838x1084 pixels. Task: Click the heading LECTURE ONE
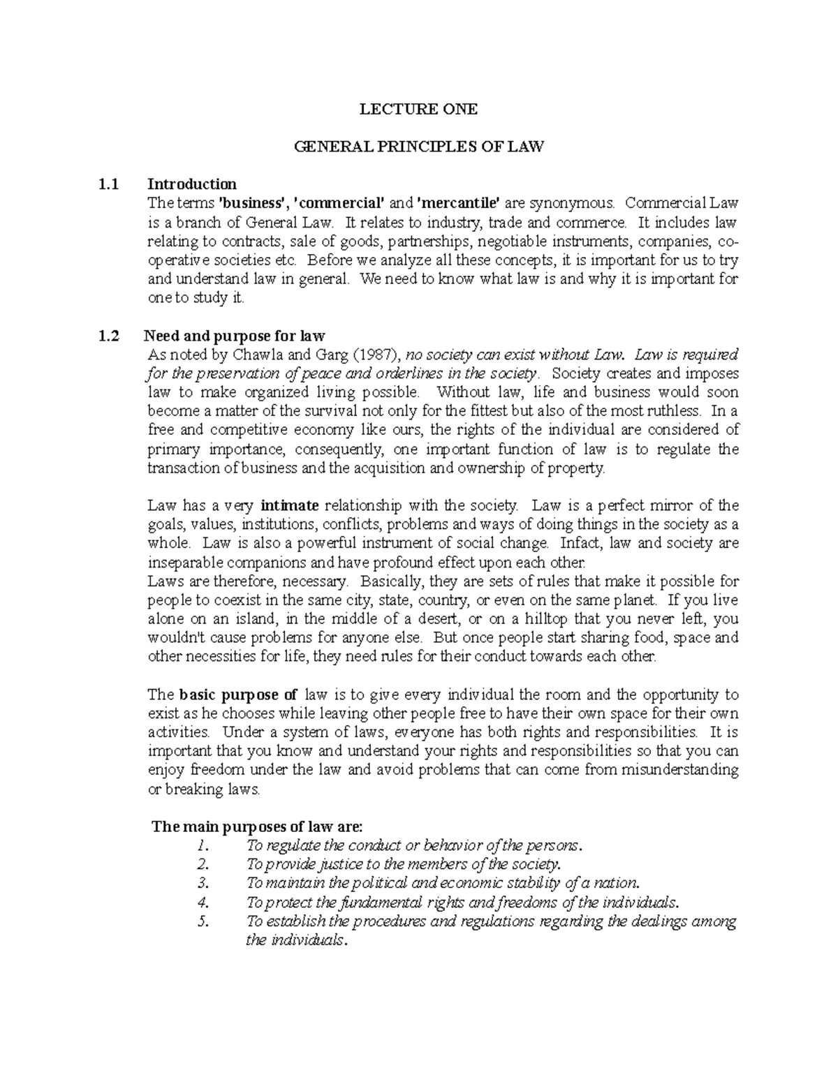pos(418,109)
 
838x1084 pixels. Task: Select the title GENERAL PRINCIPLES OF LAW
pos(418,147)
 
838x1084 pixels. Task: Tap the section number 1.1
pos(108,184)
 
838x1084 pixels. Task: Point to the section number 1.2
pos(108,336)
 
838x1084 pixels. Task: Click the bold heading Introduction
pos(192,184)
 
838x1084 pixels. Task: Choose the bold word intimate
pos(289,505)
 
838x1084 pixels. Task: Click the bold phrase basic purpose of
pos(238,695)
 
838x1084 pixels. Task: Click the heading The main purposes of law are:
pos(258,827)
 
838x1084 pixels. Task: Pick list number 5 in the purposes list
pos(203,921)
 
